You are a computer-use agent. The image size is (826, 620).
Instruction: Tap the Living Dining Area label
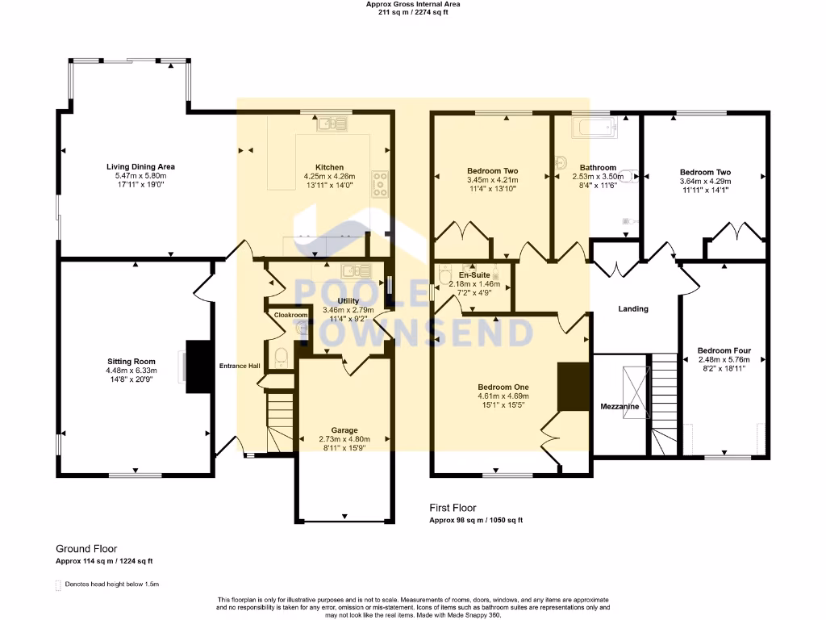point(140,166)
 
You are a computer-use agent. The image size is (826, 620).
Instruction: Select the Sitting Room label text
point(131,362)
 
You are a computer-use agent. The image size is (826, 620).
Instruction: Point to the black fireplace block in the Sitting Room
point(196,367)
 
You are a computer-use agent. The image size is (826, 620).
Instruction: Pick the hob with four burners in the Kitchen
point(379,184)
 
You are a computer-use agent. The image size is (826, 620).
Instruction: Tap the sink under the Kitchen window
point(331,124)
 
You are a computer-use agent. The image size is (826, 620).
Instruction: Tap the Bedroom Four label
point(724,350)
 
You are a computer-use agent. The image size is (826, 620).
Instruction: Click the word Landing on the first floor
point(633,308)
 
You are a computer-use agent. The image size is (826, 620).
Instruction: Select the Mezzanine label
point(619,407)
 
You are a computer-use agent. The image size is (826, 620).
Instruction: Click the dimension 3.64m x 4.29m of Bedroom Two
point(705,181)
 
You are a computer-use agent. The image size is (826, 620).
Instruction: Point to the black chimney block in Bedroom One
point(574,387)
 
